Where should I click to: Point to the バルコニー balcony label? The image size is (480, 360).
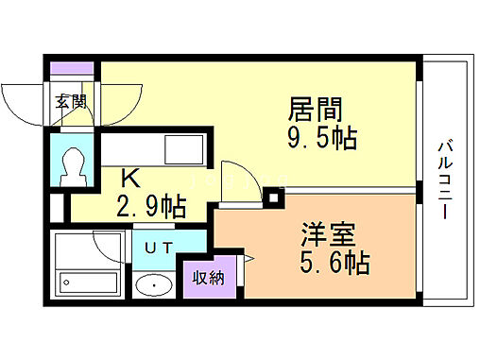(442, 180)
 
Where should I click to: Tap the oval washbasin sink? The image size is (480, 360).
(151, 286)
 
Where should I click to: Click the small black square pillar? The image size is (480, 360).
(274, 197)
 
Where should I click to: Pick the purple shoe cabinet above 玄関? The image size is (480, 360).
(72, 70)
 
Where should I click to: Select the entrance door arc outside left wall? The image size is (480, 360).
(21, 102)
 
